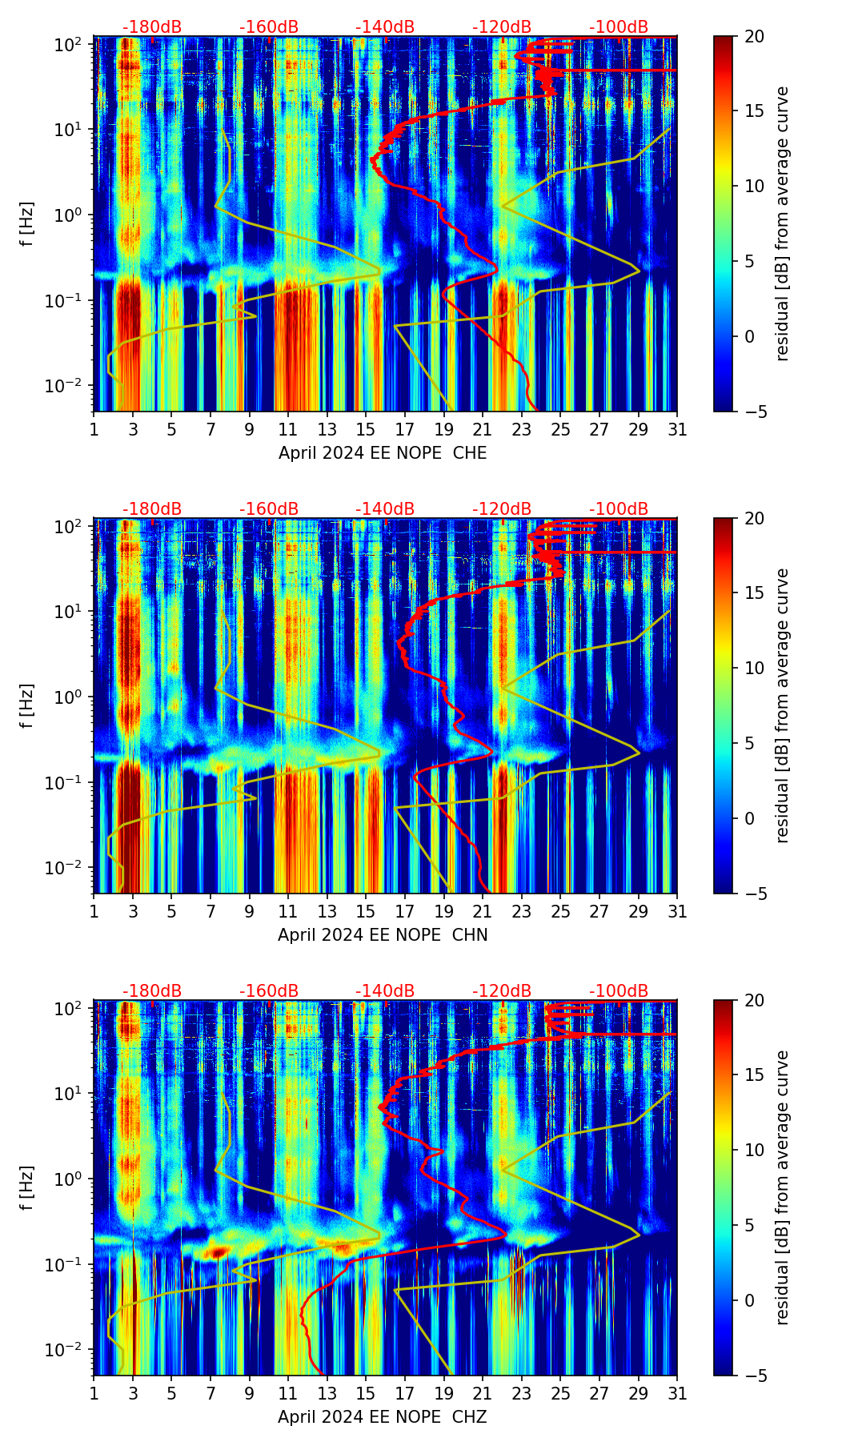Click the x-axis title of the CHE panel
pos(383,453)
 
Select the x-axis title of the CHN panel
pos(383,935)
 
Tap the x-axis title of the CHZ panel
pos(383,1417)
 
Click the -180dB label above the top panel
pos(152,27)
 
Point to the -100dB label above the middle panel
pos(619,509)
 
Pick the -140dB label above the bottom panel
pos(385,991)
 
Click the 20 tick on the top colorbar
pos(754,36)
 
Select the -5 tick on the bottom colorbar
pos(754,1376)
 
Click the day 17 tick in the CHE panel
pos(405,430)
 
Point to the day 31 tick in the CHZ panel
pos(677,1394)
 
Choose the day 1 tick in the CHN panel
pos(94,912)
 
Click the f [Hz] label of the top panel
pos(27,224)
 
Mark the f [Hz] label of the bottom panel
pos(27,1188)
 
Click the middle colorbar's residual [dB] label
pos(783,705)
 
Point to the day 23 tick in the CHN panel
pos(522,912)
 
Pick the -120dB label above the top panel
pos(502,27)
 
